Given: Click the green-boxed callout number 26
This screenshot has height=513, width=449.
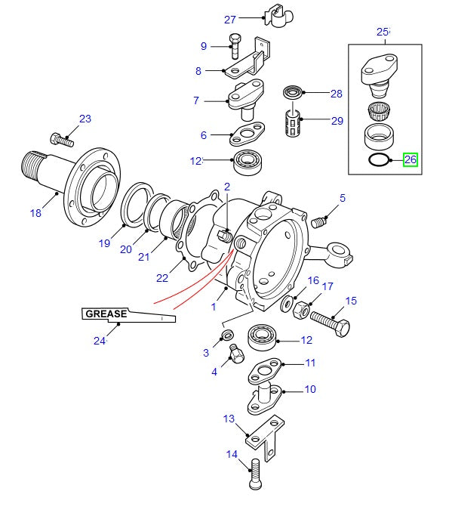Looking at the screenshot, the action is [410, 159].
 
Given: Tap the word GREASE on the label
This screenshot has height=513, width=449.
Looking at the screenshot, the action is [106, 314].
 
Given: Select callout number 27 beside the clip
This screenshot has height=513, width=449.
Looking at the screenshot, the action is [229, 20].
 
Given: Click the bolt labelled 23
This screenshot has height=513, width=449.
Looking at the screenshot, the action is [62, 140].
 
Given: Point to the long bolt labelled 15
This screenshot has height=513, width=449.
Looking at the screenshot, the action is [331, 323].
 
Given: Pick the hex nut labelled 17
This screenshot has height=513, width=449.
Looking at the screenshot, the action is [300, 311].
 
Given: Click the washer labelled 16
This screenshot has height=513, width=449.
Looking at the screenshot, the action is [287, 304].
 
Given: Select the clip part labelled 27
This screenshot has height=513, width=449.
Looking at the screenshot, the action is [278, 16].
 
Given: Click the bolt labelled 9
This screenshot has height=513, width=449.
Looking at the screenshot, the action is [235, 46].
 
